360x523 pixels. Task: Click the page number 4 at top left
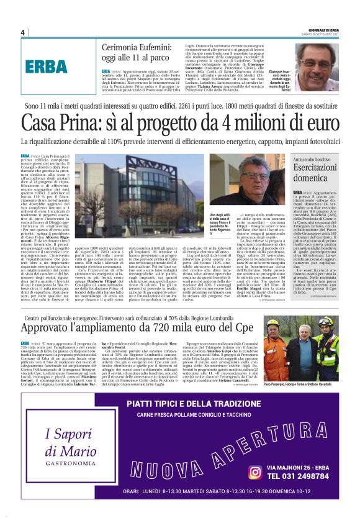[x=22, y=32]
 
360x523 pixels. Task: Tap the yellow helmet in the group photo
[x=272, y=324]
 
